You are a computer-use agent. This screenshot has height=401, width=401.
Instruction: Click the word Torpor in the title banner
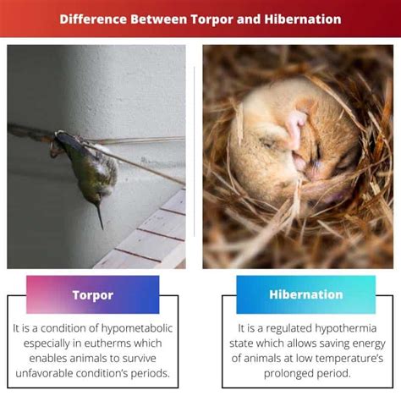[x=212, y=19]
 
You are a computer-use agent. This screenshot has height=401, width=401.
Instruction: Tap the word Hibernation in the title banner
[x=303, y=19]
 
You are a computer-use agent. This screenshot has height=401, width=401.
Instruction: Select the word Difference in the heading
[x=93, y=19]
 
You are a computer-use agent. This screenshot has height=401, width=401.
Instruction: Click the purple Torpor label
[x=93, y=294]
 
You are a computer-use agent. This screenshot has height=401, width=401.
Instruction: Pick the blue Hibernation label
[x=306, y=294]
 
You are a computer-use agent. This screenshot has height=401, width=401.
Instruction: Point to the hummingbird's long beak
[x=100, y=217]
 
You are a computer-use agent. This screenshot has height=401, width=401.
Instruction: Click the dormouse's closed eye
[x=267, y=142]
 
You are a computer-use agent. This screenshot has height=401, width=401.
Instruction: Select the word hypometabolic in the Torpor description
[x=137, y=328]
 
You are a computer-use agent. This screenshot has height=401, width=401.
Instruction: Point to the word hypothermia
[x=346, y=328]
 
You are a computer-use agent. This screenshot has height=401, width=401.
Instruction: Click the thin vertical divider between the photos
[x=195, y=151]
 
